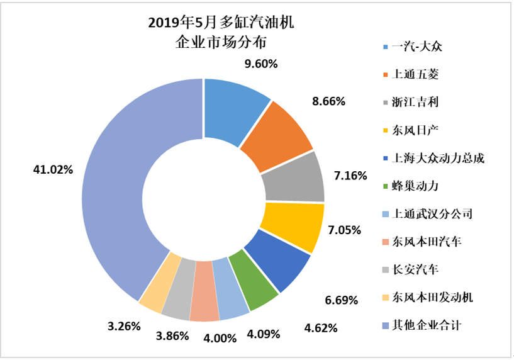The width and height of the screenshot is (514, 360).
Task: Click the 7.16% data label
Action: click(350, 175)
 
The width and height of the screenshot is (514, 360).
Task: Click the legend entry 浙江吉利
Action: click(414, 103)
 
